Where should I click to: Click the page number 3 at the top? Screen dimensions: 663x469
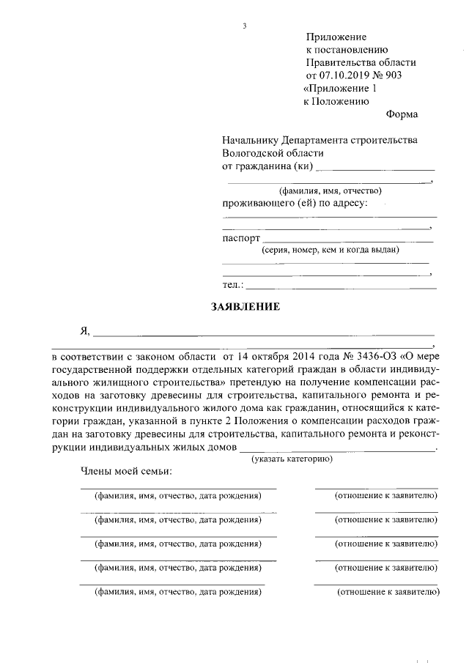click(x=245, y=27)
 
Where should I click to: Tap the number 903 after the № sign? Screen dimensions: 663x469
click(x=393, y=75)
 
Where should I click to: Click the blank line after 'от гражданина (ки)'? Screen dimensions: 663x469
click(x=375, y=168)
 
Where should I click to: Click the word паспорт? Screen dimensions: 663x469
click(x=240, y=239)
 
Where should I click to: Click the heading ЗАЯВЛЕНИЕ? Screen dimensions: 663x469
click(x=245, y=307)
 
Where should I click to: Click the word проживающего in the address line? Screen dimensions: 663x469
click(x=254, y=202)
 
